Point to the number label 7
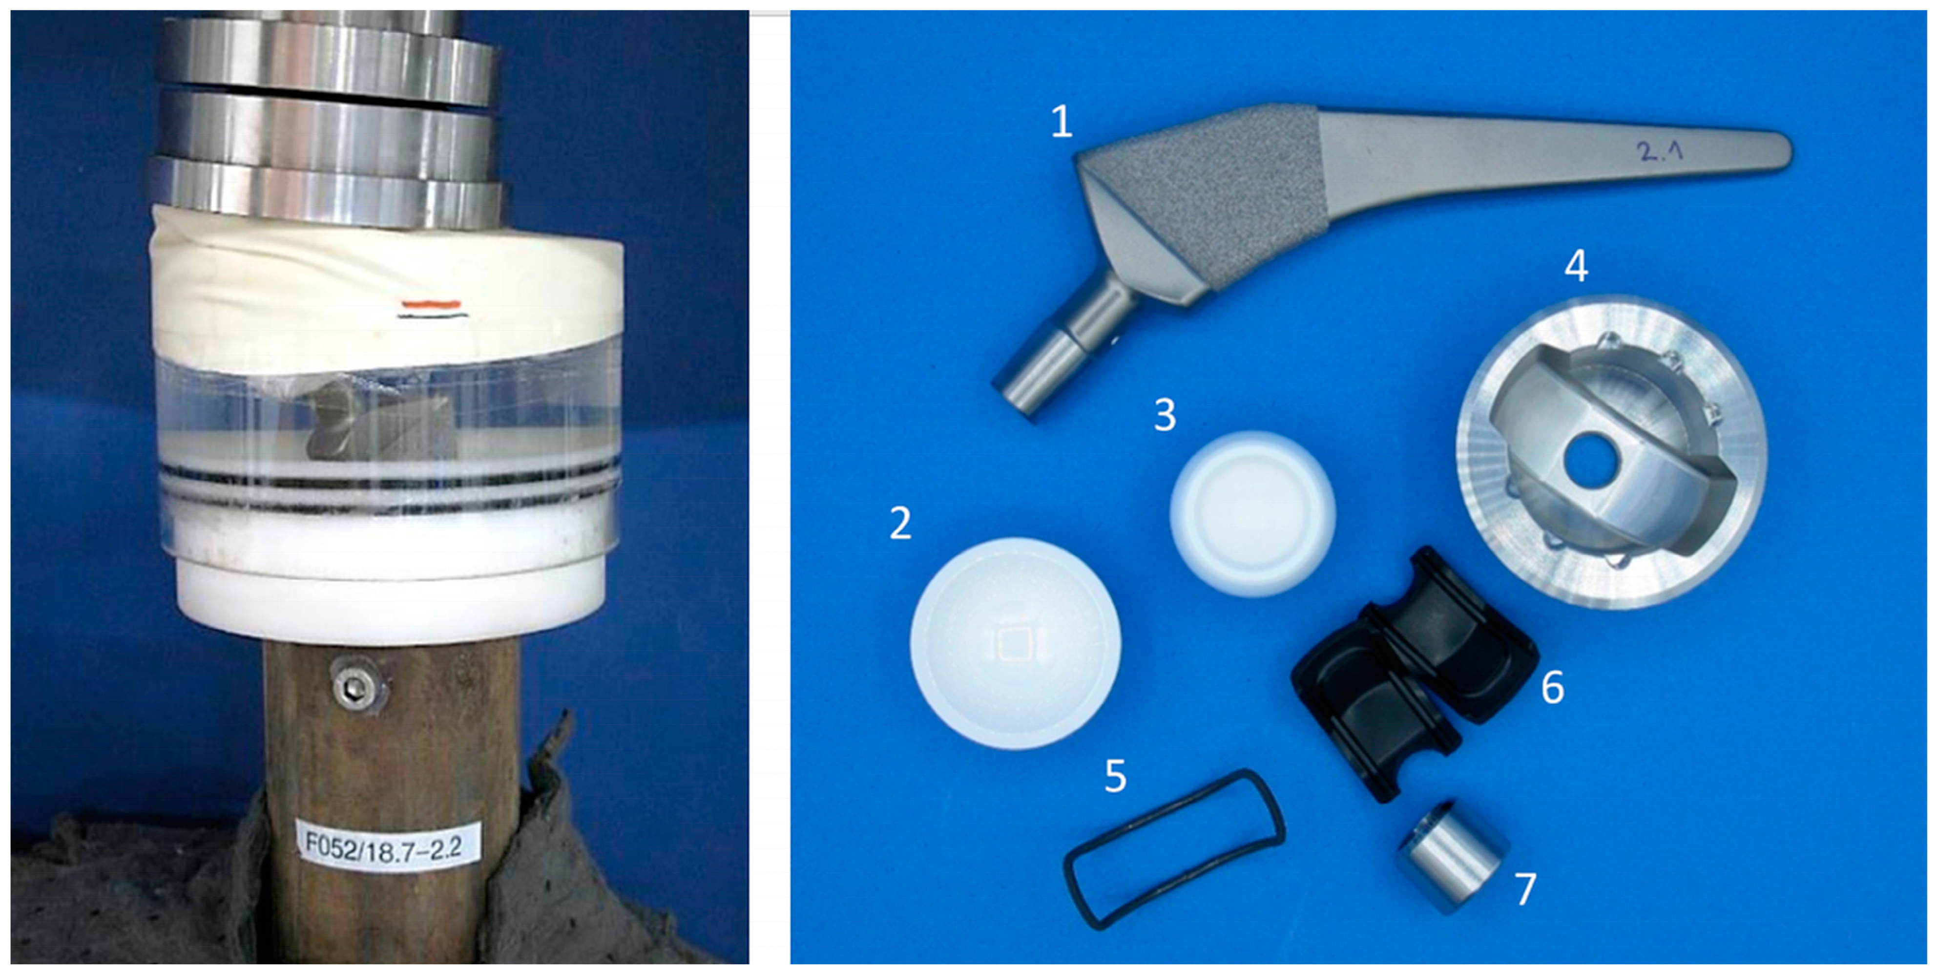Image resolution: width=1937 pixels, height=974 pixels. (x=1525, y=890)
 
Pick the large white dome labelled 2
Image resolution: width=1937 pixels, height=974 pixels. (x=1015, y=643)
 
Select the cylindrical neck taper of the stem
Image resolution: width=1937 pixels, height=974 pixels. (x=1053, y=361)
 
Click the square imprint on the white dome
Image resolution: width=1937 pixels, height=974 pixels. (x=1016, y=643)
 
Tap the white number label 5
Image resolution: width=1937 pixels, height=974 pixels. (x=1115, y=776)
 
